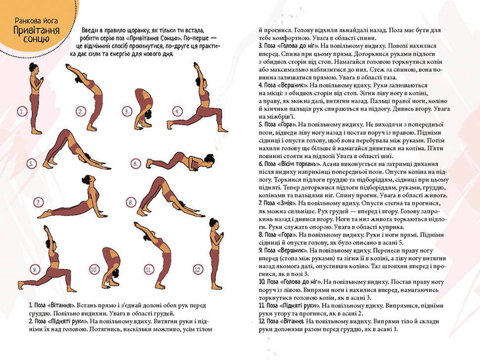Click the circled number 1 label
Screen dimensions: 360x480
point(22,111)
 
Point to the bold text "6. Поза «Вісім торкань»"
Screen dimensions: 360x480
point(293,163)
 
